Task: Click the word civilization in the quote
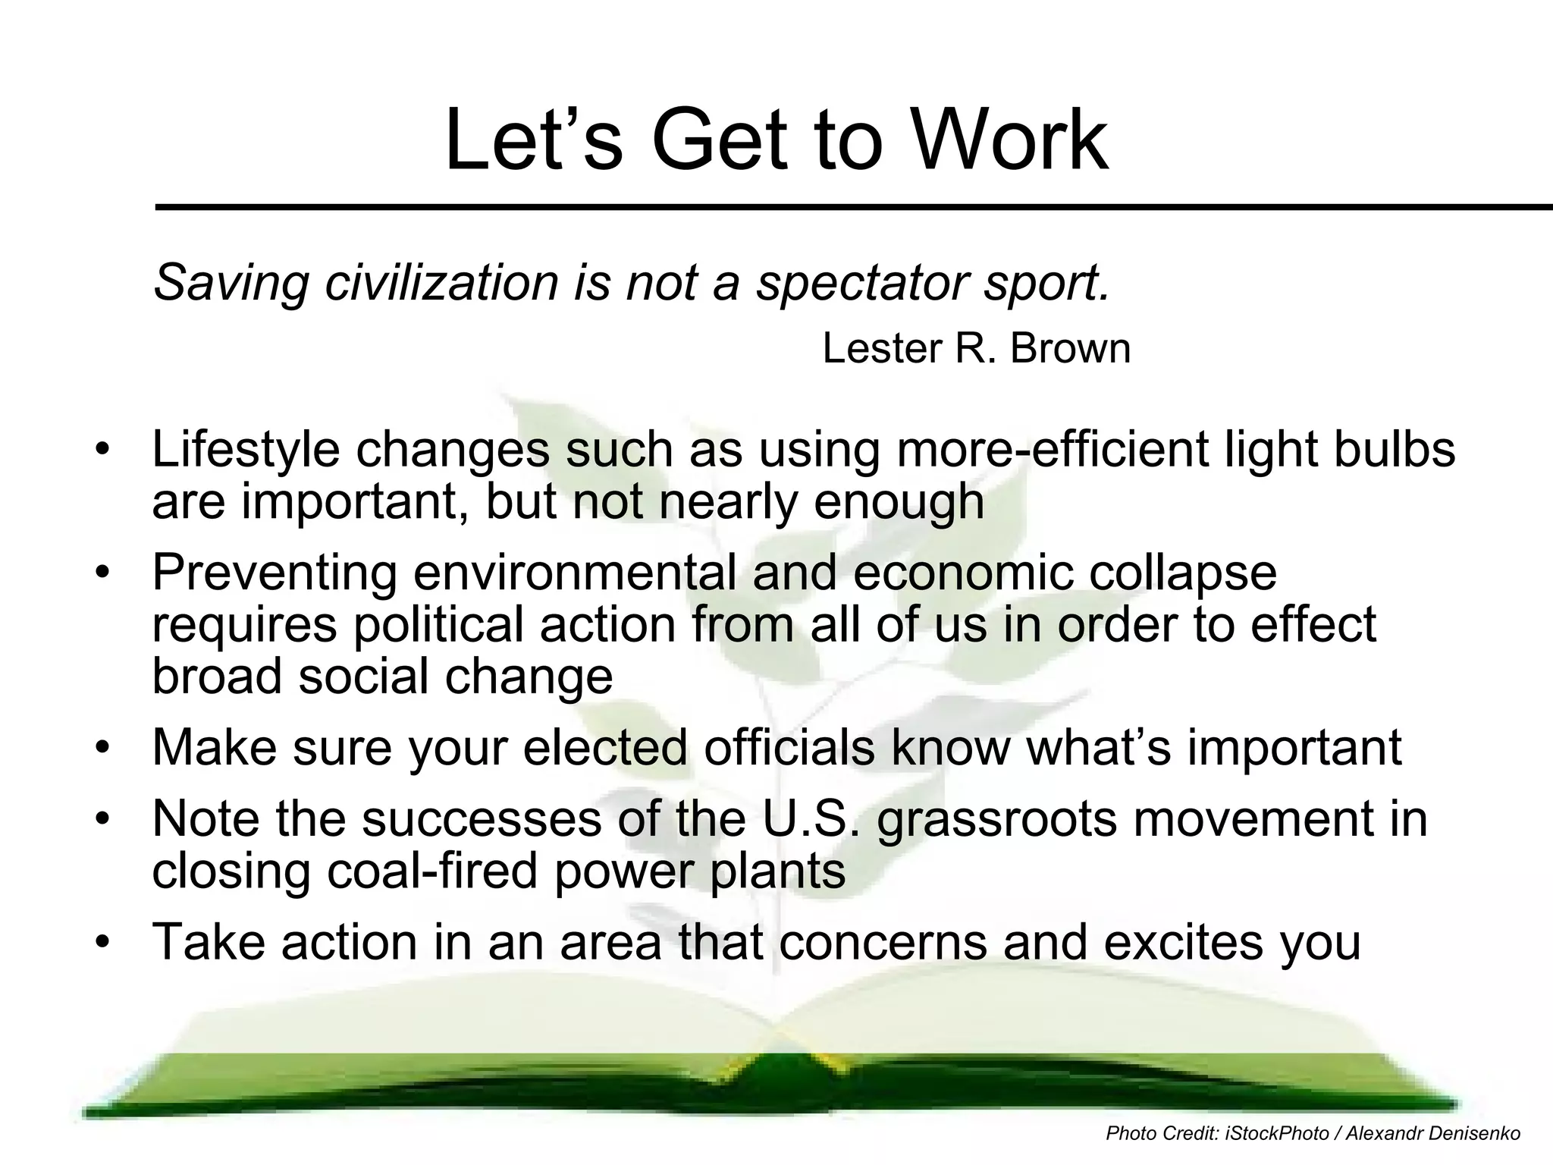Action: [443, 282]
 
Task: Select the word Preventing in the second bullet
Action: [275, 573]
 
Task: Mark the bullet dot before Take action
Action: [102, 943]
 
